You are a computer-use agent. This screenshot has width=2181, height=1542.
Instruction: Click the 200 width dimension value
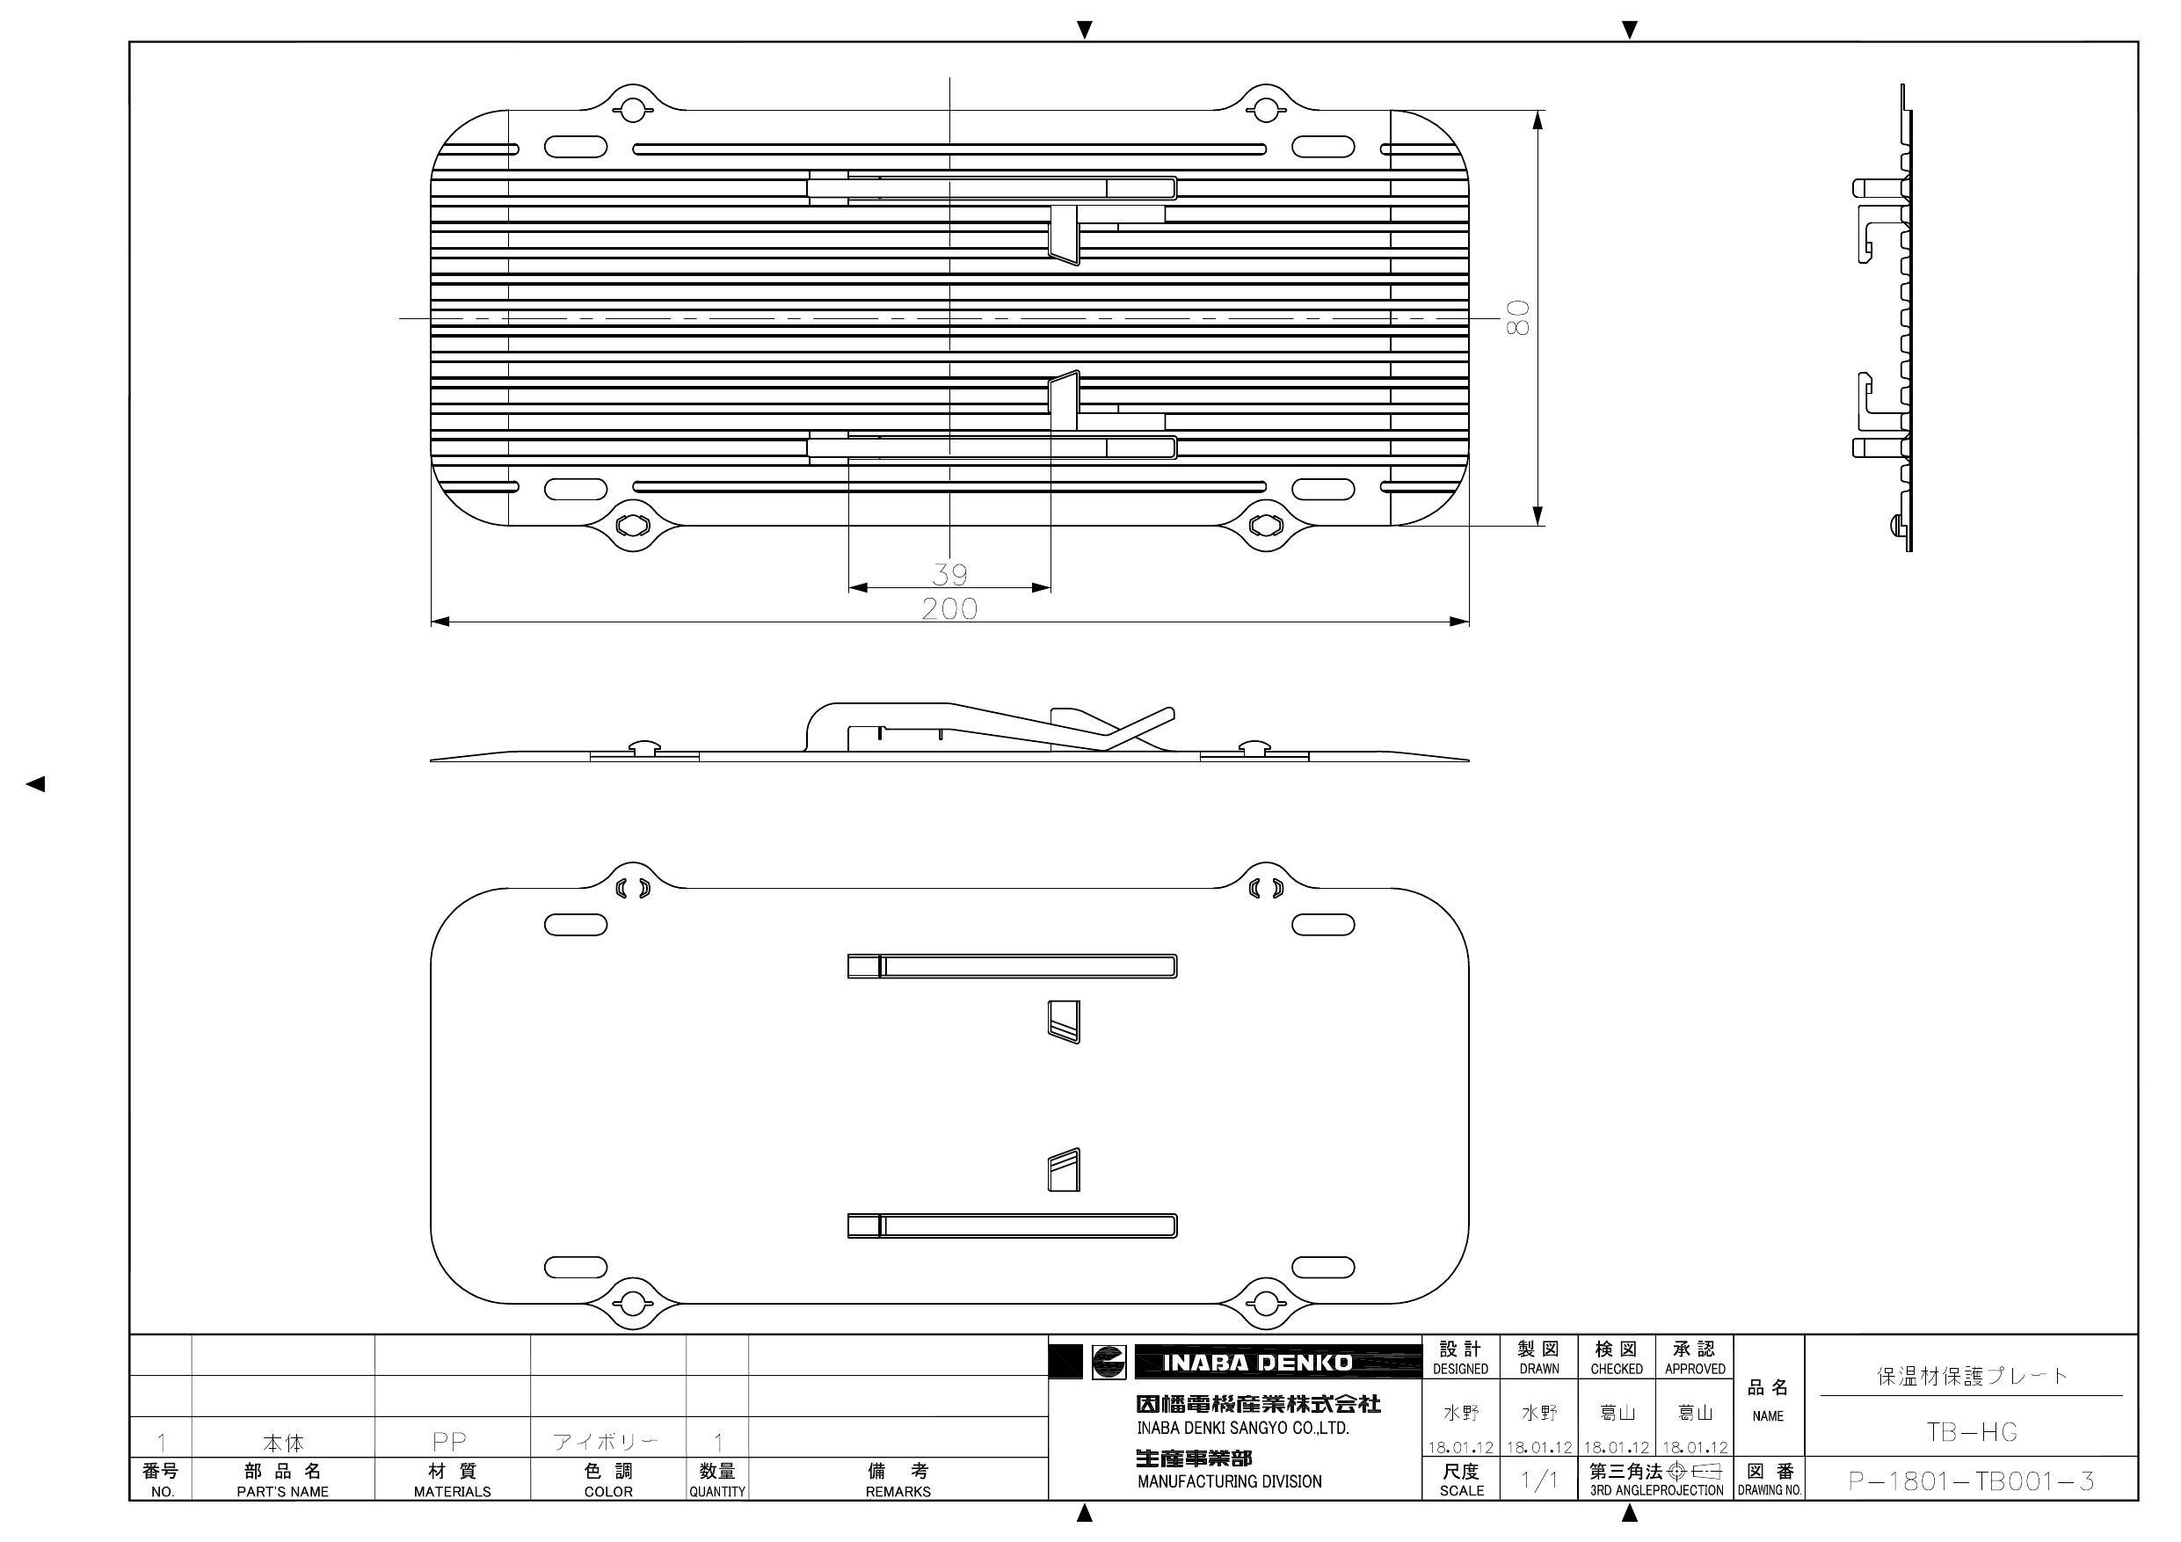coord(949,608)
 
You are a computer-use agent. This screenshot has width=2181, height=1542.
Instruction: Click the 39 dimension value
coord(949,574)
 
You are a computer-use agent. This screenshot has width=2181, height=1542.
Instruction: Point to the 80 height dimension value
coord(1517,317)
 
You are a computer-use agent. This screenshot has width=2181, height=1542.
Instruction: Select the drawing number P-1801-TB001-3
coord(1971,1480)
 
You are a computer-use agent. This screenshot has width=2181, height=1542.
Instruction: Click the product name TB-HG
coord(1971,1432)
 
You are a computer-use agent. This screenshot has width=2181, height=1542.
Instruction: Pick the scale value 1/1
coord(1539,1480)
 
